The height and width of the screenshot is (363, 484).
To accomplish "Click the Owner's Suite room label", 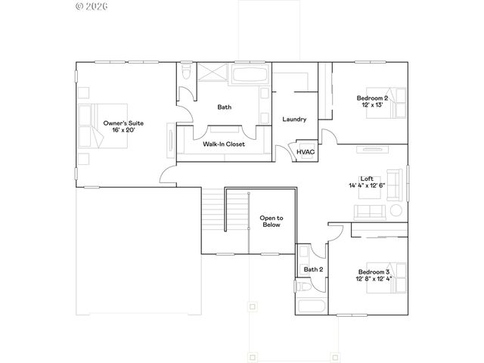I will point(123,123).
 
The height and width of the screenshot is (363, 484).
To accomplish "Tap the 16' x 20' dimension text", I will point(123,130).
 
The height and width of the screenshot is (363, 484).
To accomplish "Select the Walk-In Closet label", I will point(224,144).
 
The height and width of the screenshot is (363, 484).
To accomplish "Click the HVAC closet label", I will point(306,151).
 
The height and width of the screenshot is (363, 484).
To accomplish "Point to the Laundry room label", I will point(293,119).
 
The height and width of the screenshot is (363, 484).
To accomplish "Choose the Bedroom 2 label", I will point(373,98).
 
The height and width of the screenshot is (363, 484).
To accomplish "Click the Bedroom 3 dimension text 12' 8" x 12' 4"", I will point(374,279).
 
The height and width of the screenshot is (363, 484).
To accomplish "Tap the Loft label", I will point(367,178).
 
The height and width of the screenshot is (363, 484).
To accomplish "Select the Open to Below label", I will point(271,220).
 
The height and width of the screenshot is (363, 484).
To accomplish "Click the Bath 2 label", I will point(313,269).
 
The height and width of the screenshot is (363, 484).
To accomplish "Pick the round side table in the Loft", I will point(395,211).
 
